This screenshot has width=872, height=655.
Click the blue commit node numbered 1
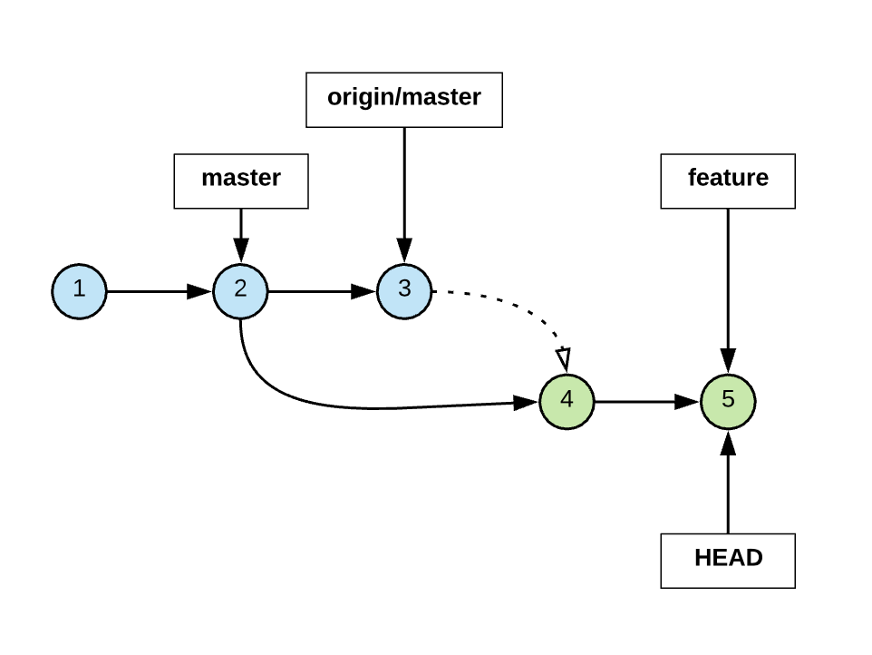[79, 291]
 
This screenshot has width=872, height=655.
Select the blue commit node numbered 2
[240, 291]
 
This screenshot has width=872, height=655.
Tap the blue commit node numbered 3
[404, 291]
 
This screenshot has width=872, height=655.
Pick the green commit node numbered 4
[567, 400]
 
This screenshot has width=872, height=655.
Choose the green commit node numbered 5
[728, 400]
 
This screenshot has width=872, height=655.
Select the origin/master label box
[403, 99]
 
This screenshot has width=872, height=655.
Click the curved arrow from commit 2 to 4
[363, 406]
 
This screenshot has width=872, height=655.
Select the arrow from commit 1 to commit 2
[150, 291]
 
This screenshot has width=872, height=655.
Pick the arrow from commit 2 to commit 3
[313, 291]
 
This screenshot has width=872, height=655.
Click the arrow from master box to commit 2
[240, 231]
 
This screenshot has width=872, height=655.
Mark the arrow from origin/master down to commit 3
[404, 191]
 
